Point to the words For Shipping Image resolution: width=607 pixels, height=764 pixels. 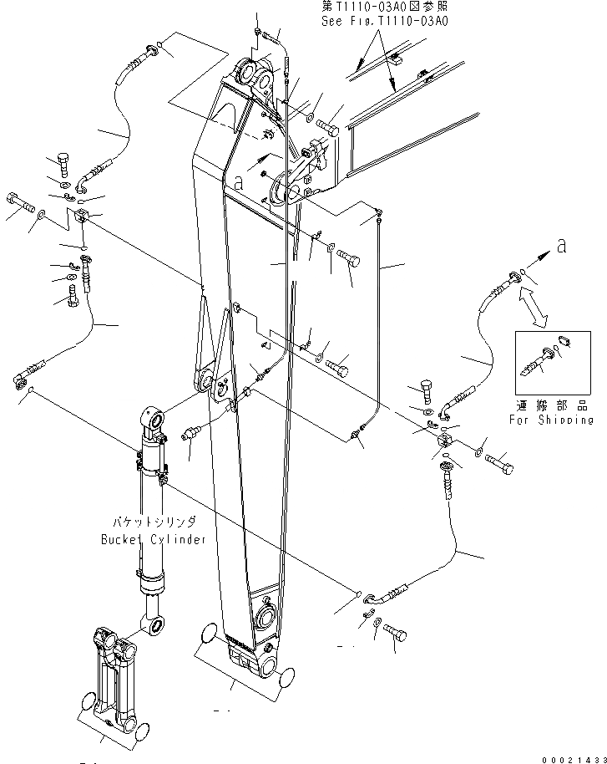(x=551, y=420)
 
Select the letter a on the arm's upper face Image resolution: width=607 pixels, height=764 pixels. (x=239, y=180)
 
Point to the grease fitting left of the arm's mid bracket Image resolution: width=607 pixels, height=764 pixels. (x=191, y=435)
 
